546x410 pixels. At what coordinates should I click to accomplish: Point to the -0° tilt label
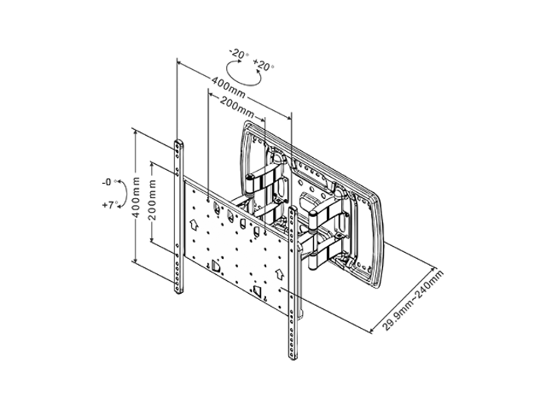coord(107,182)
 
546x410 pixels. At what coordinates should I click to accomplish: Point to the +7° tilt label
coord(107,205)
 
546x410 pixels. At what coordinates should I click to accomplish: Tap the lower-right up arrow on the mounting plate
coord(278,271)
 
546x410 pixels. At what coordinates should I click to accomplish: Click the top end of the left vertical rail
coord(177,143)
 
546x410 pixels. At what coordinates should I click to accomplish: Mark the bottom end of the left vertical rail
coord(179,292)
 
